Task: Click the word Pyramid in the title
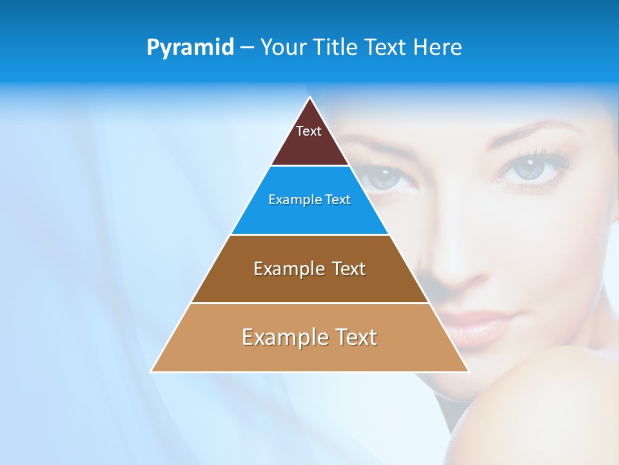(x=190, y=48)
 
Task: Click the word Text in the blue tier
(x=339, y=200)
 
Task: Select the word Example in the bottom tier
(x=284, y=337)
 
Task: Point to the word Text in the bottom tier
(x=355, y=337)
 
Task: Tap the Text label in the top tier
(x=308, y=131)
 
